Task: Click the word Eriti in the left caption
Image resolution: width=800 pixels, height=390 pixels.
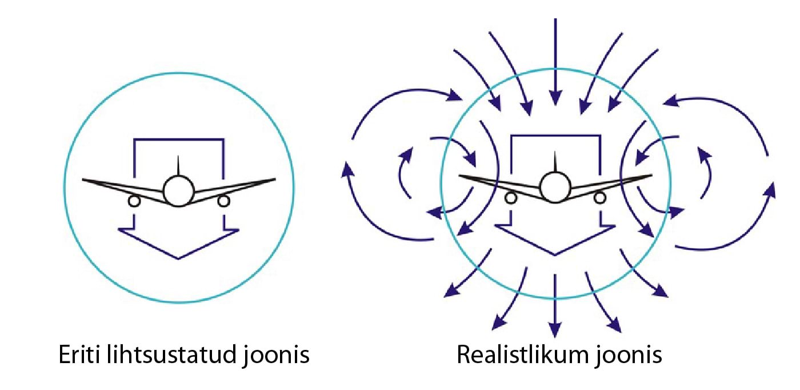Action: click(81, 355)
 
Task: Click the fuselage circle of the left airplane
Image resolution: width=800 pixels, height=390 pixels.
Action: click(178, 191)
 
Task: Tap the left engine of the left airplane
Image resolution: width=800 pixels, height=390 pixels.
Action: click(134, 201)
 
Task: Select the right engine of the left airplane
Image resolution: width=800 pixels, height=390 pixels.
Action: click(223, 201)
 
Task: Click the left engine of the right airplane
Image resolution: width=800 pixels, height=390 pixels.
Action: click(510, 198)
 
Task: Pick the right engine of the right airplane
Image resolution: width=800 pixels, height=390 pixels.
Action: click(600, 198)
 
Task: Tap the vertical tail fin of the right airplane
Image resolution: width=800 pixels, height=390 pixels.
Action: click(555, 162)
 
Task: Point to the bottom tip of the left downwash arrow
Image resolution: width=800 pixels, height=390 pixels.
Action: click(179, 258)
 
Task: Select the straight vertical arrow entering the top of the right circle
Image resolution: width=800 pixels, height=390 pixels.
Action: click(555, 63)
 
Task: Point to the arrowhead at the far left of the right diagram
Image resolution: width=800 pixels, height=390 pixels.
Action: click(346, 169)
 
